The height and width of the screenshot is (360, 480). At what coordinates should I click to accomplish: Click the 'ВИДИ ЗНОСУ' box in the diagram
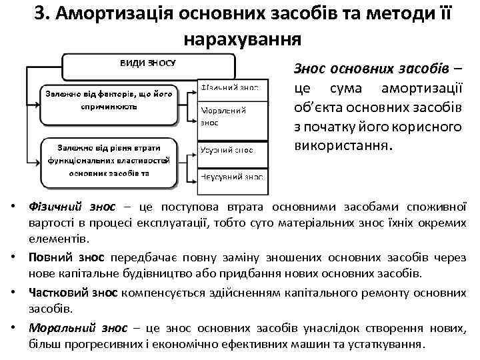click(x=148, y=65)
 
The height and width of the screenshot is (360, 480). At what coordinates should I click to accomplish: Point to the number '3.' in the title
click(x=44, y=14)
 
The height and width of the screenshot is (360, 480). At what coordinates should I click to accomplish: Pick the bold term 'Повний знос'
click(x=67, y=257)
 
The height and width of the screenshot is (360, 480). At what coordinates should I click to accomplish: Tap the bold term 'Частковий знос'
click(x=73, y=292)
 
